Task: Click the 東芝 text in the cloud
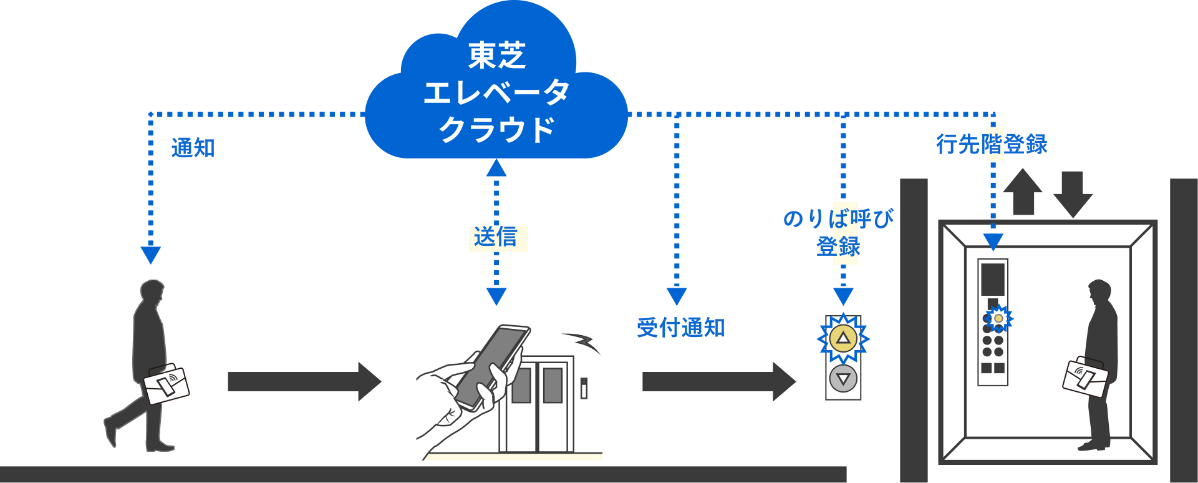click(x=496, y=56)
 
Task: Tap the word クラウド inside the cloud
click(x=496, y=130)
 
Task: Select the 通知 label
click(x=193, y=149)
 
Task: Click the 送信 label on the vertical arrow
click(x=496, y=238)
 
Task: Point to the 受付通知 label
click(x=680, y=328)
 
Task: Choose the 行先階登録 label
click(x=991, y=144)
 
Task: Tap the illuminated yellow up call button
click(x=843, y=339)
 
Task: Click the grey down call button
click(x=843, y=379)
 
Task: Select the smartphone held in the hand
click(x=493, y=365)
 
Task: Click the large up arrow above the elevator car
click(x=1022, y=190)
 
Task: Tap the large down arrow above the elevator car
click(x=1073, y=193)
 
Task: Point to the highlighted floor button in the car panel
click(x=998, y=318)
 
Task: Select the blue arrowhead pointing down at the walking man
click(x=151, y=255)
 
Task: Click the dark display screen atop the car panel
click(x=993, y=279)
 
